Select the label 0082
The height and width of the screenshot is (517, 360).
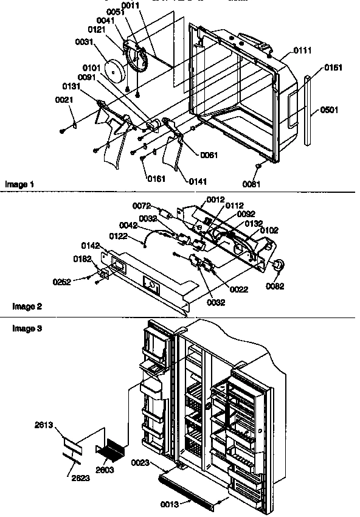click(276, 286)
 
